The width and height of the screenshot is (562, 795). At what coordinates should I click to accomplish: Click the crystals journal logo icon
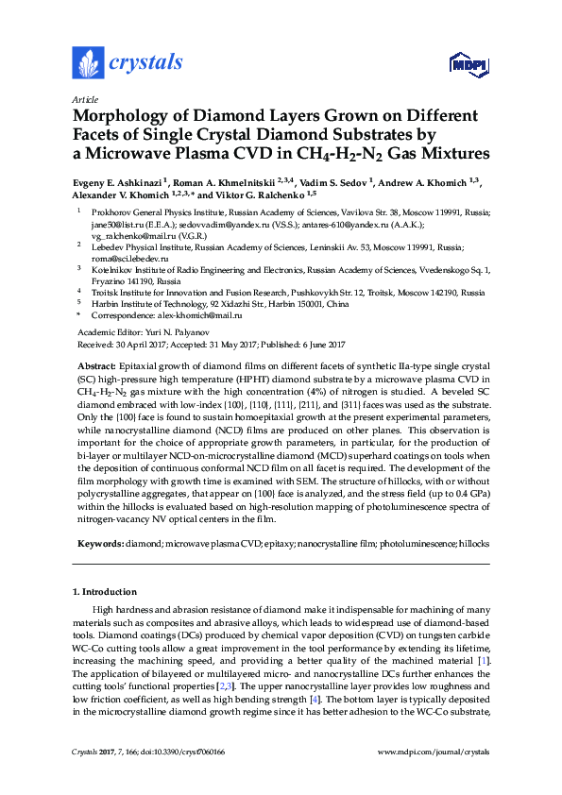[x=88, y=63]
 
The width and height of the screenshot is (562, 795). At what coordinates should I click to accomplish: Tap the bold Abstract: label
[x=95, y=364]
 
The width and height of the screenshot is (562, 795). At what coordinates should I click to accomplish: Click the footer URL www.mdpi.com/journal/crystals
[x=433, y=751]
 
